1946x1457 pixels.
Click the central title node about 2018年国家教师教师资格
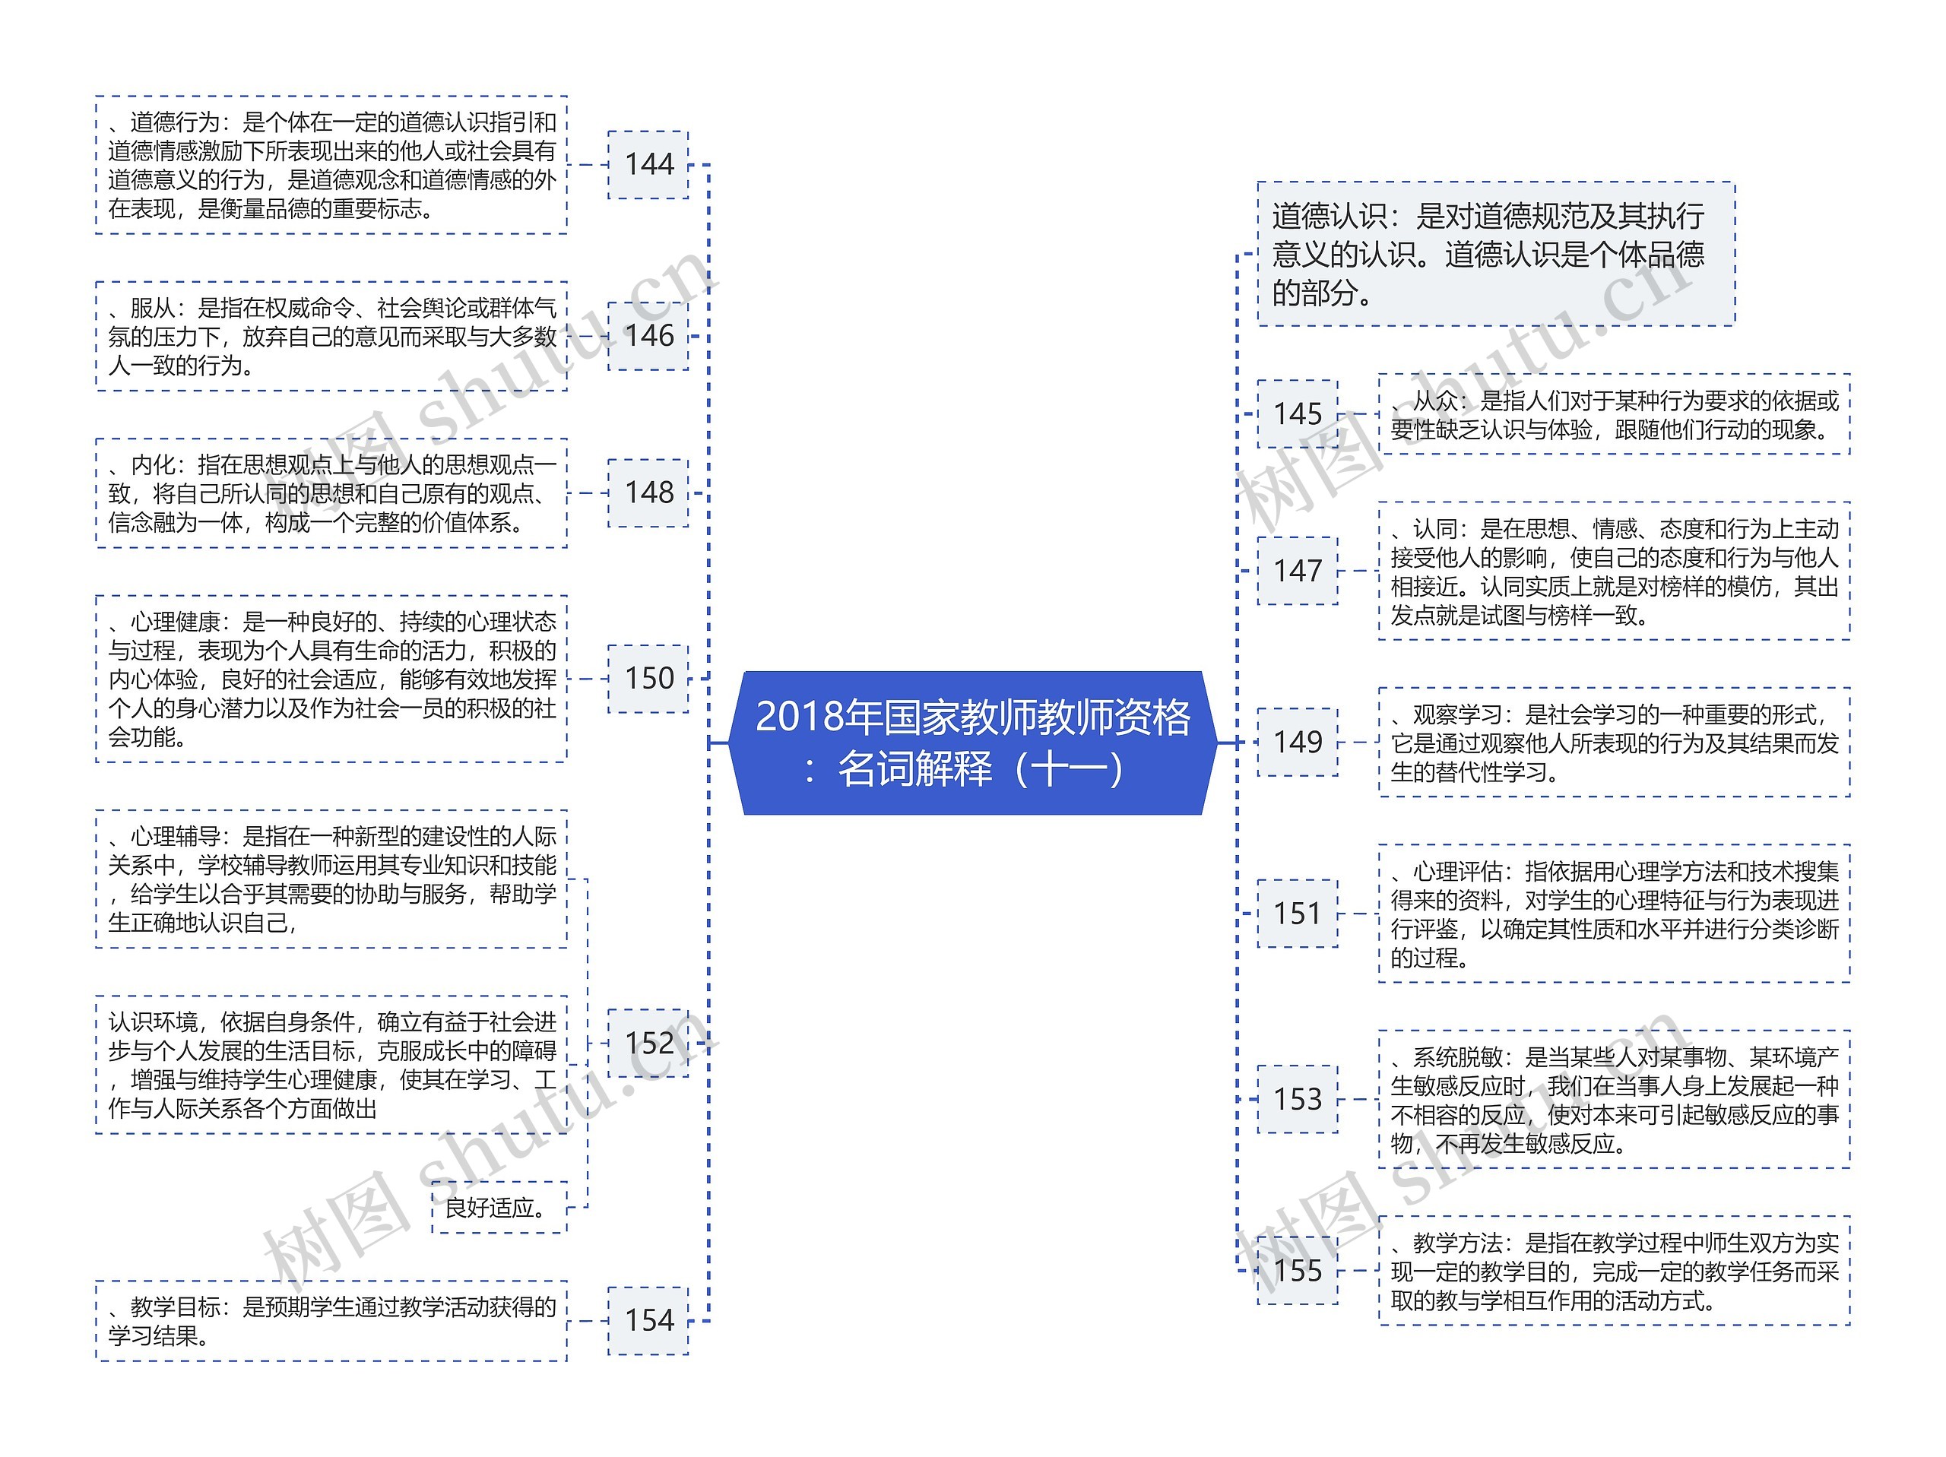point(972,743)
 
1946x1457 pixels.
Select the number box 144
point(648,164)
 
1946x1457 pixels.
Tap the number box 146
point(648,336)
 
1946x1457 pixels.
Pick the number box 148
point(648,493)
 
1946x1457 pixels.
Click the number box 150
point(648,679)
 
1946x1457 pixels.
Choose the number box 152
point(648,1044)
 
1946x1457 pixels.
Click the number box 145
point(1298,414)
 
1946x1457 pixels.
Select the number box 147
point(1298,571)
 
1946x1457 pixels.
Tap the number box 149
point(1298,742)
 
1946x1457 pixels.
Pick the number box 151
point(1298,914)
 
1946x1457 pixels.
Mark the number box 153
point(1298,1099)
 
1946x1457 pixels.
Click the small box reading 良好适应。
point(499,1207)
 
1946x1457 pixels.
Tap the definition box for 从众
point(1615,414)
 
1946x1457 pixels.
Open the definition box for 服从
point(331,336)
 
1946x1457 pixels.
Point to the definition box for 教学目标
point(331,1321)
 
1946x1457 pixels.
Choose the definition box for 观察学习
point(1615,743)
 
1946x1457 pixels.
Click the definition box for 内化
point(331,493)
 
